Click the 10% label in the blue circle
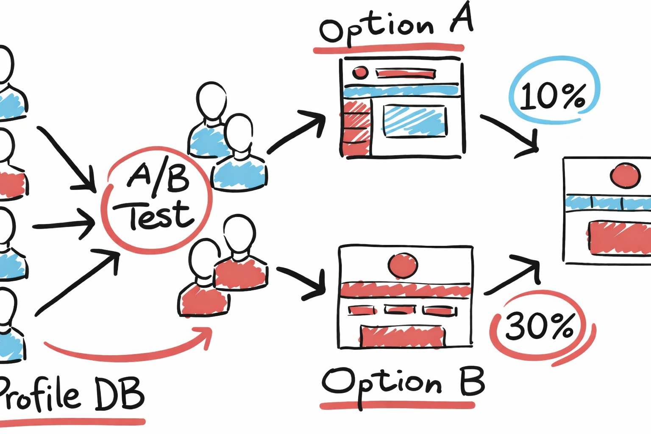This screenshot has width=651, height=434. pos(553,95)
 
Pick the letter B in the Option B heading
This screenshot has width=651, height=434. pos(472,381)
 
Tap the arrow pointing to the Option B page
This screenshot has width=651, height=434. pos(303,282)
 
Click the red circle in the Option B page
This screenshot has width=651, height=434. pos(403,265)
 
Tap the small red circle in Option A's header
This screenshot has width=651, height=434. pos(360,72)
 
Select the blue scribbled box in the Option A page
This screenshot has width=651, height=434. pos(415,121)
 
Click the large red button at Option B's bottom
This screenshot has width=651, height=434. pos(402,336)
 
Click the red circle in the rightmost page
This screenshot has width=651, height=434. pos(625,175)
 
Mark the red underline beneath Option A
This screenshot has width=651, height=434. pos(388,48)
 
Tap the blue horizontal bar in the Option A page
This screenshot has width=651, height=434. pos(401,90)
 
